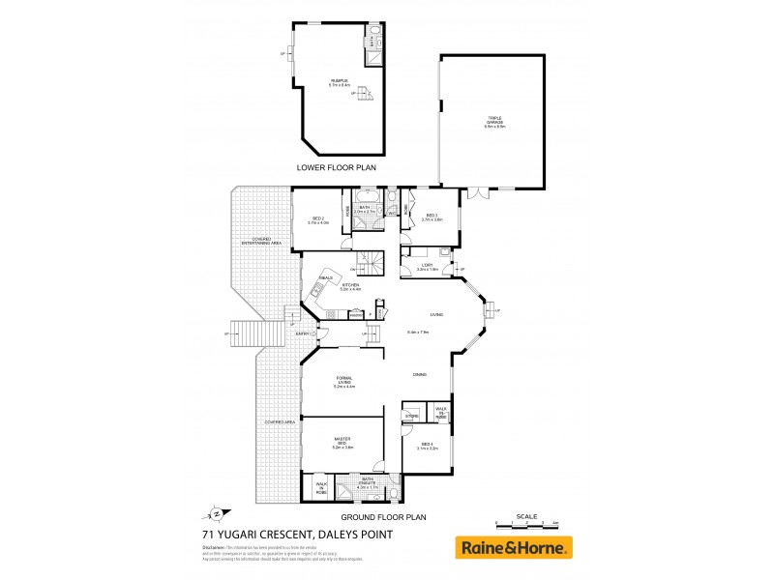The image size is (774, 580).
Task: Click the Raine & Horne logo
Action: (x=513, y=547)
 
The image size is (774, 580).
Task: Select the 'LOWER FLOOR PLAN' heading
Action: (x=335, y=167)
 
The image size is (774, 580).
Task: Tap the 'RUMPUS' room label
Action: (x=339, y=82)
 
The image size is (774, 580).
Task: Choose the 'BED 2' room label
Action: (x=318, y=219)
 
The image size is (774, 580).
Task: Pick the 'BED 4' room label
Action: (x=428, y=446)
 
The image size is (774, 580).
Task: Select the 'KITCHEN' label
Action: (x=350, y=286)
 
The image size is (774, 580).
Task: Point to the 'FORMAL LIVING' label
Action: (x=344, y=382)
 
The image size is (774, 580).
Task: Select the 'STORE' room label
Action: (x=411, y=416)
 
